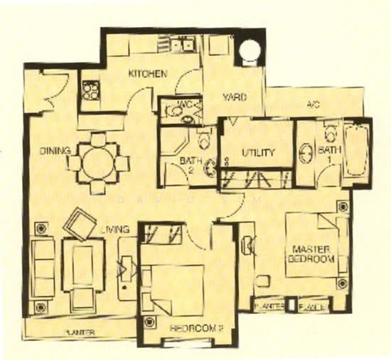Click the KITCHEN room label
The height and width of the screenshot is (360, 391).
(148, 74)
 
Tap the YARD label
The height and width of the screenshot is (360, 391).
(235, 98)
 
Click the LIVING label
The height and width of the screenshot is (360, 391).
(114, 229)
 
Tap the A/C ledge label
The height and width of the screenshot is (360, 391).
(312, 104)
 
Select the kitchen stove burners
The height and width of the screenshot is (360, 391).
(90, 89)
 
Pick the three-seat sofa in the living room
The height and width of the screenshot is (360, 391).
(43, 267)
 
